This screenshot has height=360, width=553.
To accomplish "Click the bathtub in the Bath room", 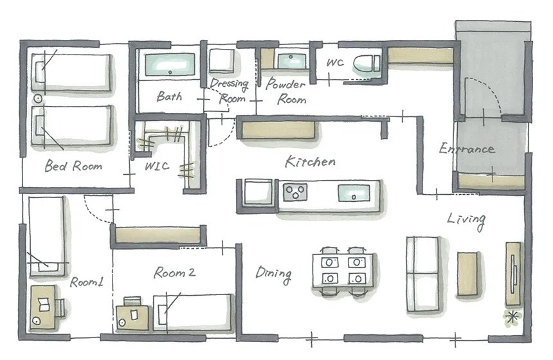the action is (x=170, y=64).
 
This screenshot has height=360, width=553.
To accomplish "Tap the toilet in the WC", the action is (x=366, y=64).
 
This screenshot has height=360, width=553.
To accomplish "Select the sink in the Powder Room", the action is (x=292, y=61).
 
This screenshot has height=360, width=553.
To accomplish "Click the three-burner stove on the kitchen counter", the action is (x=295, y=192).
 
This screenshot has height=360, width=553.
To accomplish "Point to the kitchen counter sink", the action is (x=354, y=194).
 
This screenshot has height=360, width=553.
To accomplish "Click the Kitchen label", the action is (x=310, y=161).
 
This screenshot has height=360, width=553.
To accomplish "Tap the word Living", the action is (x=466, y=221).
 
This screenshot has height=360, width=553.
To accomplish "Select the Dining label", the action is (x=274, y=274).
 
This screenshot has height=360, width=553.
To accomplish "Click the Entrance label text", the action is (x=466, y=148).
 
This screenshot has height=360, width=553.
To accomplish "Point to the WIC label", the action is (x=157, y=166).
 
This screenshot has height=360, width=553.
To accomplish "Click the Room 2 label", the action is (x=174, y=273).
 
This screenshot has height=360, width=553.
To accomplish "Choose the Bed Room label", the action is (x=73, y=165).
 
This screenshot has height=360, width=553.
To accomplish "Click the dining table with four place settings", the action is (x=343, y=271).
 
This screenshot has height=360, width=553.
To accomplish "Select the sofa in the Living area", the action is (x=423, y=274).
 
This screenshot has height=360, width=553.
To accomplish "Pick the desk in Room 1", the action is (x=42, y=307).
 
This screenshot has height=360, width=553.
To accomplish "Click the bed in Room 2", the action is (x=194, y=312).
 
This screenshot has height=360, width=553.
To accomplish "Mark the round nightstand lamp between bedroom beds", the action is (x=38, y=99).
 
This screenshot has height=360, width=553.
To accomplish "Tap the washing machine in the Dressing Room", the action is (x=221, y=61).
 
